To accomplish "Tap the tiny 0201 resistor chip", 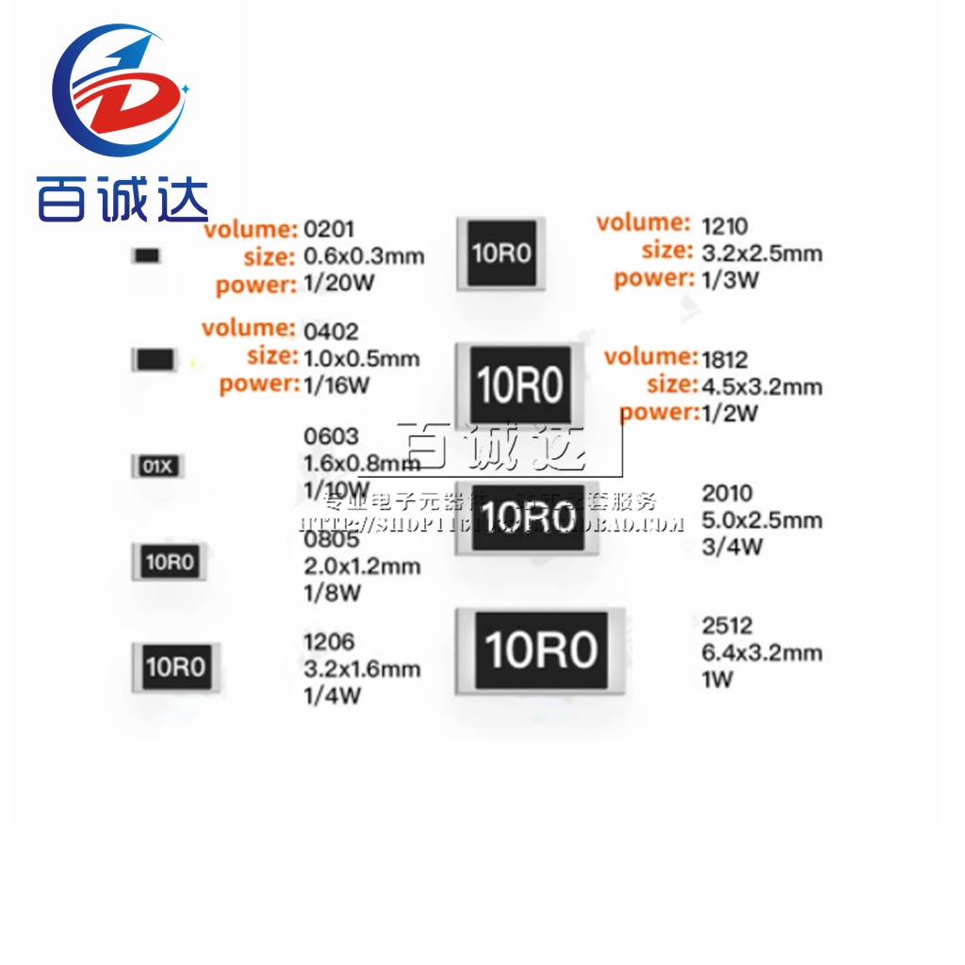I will (x=146, y=255).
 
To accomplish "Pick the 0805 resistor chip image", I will (x=169, y=563).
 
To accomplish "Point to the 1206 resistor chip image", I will (x=174, y=667).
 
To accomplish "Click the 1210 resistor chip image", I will (x=501, y=253).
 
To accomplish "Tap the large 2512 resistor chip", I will (x=540, y=651).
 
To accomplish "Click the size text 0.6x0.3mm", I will (x=362, y=255).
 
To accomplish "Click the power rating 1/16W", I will (x=335, y=384).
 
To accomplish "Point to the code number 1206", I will (x=329, y=642).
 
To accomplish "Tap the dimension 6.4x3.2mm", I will (x=761, y=652).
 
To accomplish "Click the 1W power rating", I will (x=717, y=679).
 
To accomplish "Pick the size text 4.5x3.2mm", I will (x=762, y=386).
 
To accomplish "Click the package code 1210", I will (x=725, y=225).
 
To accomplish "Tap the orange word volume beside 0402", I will (x=249, y=328).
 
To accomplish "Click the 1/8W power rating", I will (x=332, y=593).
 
